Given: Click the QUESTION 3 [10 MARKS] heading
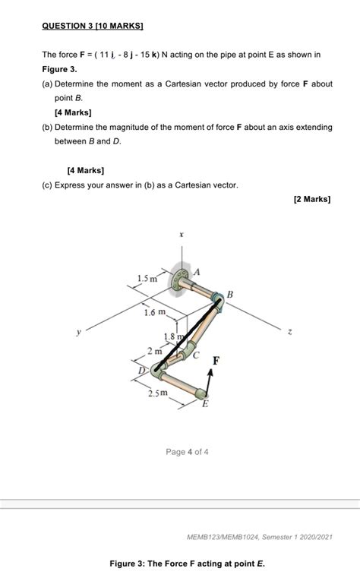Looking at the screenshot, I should pyautogui.click(x=93, y=26).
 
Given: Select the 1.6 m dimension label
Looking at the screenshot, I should pyautogui.click(x=155, y=312).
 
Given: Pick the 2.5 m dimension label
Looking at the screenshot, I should pyautogui.click(x=158, y=393).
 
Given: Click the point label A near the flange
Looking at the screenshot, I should pyautogui.click(x=198, y=271).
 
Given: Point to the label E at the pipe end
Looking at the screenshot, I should pyautogui.click(x=204, y=404).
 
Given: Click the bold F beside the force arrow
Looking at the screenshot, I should pyautogui.click(x=216, y=362).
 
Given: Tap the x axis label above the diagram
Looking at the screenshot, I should pyautogui.click(x=181, y=235).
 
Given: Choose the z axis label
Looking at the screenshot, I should pyautogui.click(x=291, y=331).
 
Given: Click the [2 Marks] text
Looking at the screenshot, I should pyautogui.click(x=311, y=199).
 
